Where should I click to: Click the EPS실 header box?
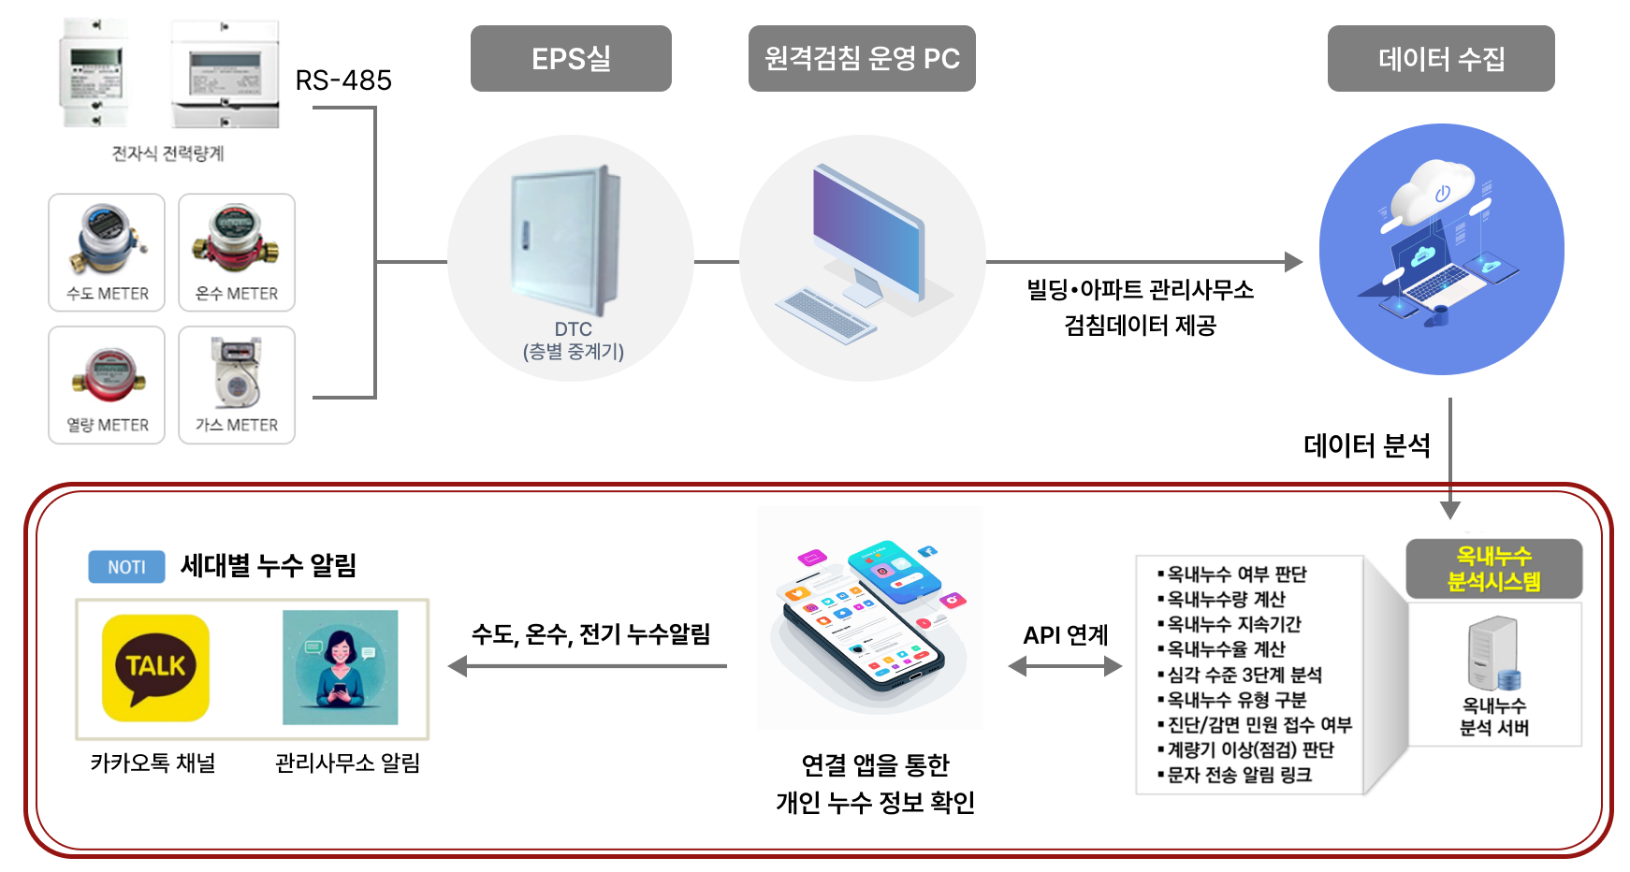(571, 58)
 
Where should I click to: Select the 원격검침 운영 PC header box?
(862, 58)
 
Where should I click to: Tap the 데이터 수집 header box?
(1441, 58)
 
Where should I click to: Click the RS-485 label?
(343, 80)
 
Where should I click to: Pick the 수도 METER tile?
(107, 252)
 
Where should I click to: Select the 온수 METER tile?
(237, 252)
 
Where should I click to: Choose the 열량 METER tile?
(107, 385)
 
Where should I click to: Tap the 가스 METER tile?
(237, 385)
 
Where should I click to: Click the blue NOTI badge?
(126, 567)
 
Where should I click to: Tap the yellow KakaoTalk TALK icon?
(155, 667)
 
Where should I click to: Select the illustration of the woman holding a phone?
(341, 667)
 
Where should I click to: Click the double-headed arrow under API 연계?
(1066, 666)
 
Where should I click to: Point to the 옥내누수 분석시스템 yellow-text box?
(1494, 569)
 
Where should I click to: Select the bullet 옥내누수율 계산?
(1222, 649)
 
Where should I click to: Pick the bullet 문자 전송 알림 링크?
(1235, 775)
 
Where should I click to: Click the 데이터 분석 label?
(1367, 445)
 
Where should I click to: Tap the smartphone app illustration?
(870, 618)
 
